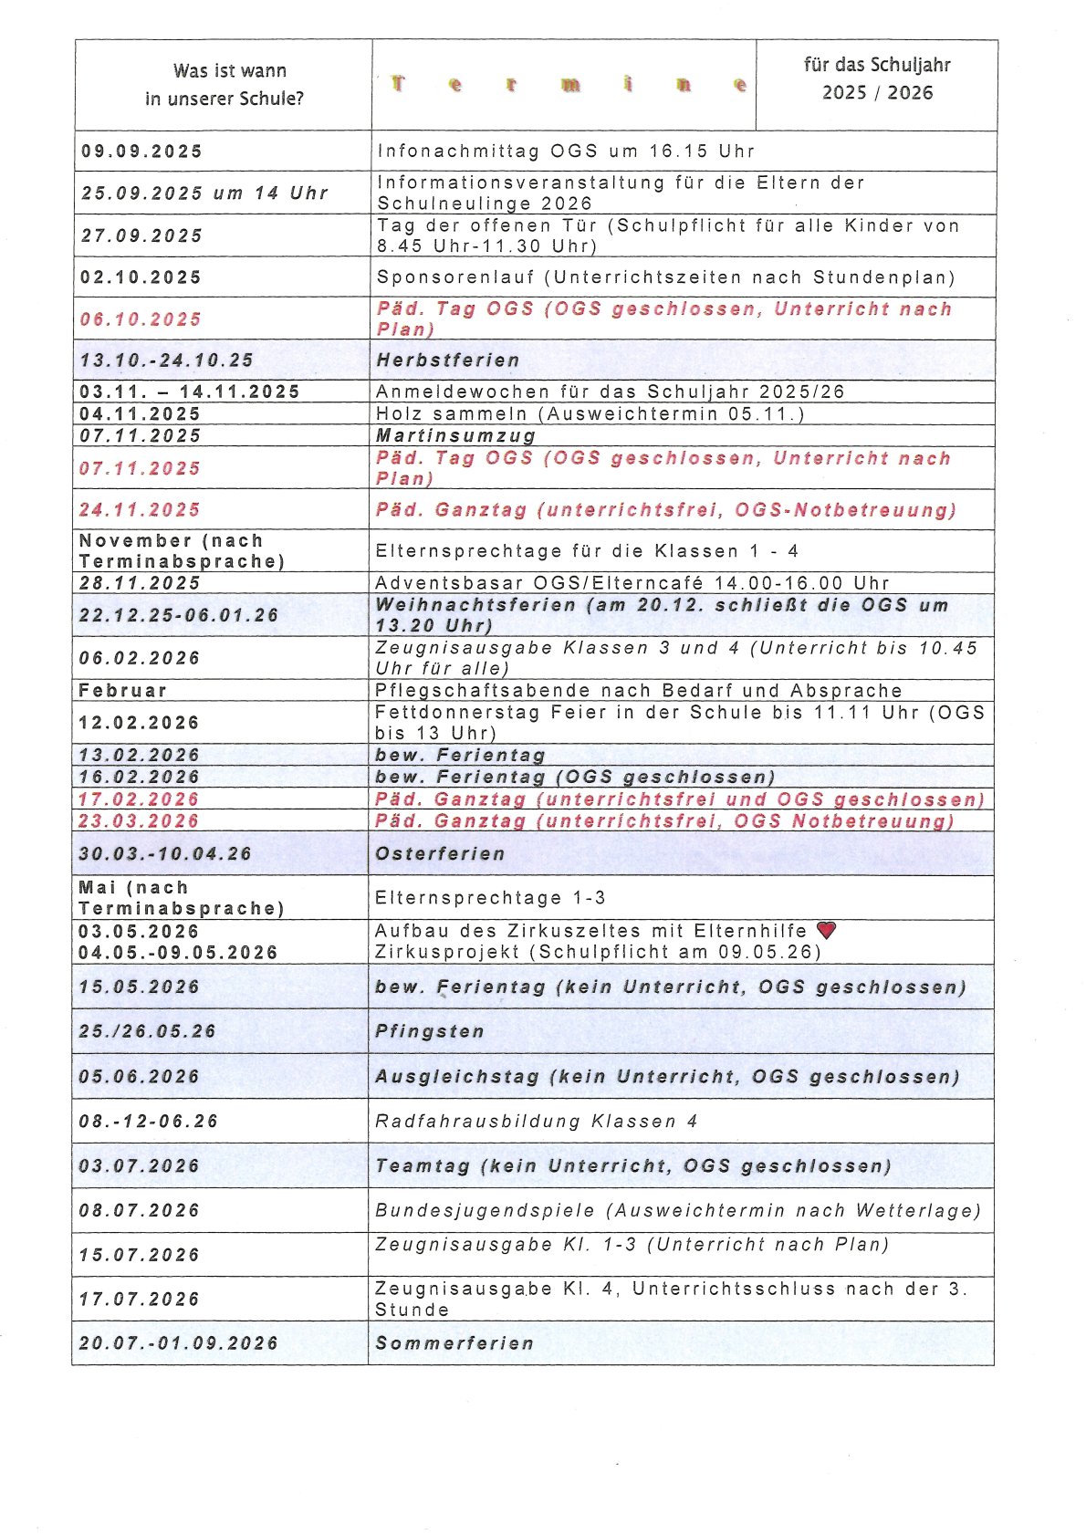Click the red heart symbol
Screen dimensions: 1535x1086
coord(826,930)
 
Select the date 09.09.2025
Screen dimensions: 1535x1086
coord(142,151)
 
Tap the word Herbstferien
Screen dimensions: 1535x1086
coord(448,360)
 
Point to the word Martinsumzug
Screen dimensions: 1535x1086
coord(455,436)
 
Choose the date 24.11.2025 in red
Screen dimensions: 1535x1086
coord(140,510)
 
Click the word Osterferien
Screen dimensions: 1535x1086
coord(440,854)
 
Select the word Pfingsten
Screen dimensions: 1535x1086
coord(430,1031)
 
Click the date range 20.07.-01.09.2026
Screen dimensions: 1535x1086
coord(179,1343)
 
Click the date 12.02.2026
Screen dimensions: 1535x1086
coord(140,723)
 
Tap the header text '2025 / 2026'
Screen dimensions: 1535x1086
coord(877,93)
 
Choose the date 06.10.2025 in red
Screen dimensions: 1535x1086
coord(141,319)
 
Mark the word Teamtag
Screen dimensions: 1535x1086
coord(423,1166)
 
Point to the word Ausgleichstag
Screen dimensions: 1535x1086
coord(457,1077)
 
